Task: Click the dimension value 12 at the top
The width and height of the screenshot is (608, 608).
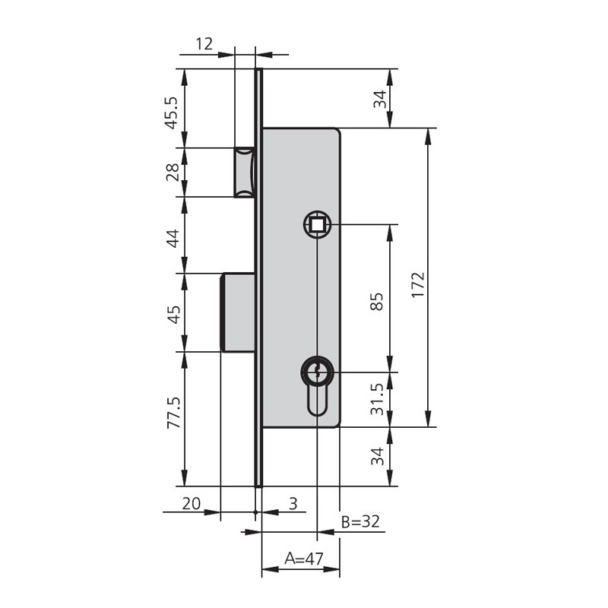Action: pos(204,44)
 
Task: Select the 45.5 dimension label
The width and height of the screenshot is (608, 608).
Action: pos(171,112)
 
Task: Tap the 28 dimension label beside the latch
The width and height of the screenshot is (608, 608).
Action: pos(173,173)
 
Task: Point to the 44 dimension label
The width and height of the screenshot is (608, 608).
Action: pos(173,239)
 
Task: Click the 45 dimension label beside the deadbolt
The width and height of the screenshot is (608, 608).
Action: pos(173,315)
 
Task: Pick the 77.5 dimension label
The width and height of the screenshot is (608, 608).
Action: pos(174,413)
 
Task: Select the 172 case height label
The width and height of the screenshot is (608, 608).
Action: pos(418,284)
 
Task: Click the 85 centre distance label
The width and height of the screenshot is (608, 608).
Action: pos(377,301)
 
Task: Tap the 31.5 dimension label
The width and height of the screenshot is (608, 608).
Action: pos(377,400)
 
